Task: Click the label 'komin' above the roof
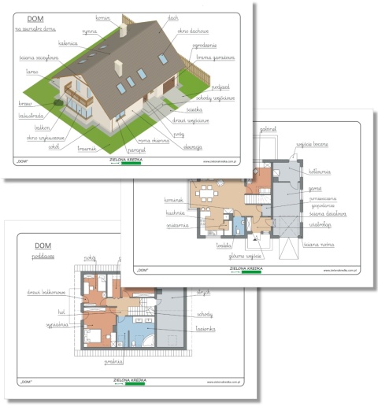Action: tap(102, 16)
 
